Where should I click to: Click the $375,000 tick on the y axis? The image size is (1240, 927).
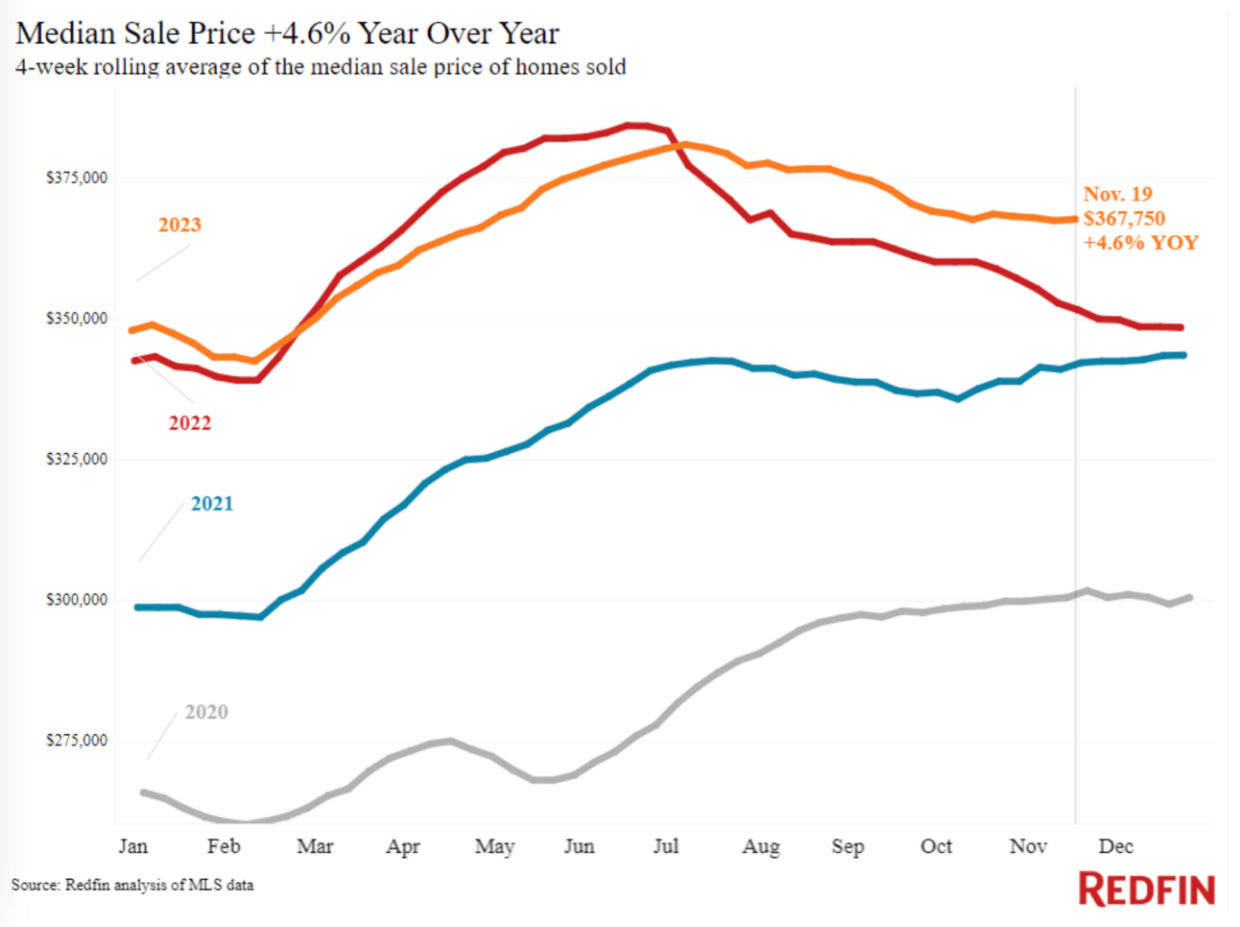pos(77,178)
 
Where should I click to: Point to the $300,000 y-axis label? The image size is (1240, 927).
pos(77,600)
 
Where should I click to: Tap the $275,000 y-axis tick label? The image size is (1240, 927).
pos(77,741)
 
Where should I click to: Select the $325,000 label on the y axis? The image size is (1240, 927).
pos(77,459)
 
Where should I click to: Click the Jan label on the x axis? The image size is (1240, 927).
pos(133,846)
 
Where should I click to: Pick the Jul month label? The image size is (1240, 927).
pos(666,846)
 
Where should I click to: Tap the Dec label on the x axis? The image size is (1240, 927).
pos(1116,846)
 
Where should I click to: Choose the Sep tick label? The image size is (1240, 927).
pos(847,846)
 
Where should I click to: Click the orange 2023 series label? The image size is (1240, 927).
pos(179,225)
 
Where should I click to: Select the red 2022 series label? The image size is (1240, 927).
pos(190,423)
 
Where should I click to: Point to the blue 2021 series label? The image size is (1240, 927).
pos(212,504)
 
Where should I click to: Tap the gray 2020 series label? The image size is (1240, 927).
pos(206,712)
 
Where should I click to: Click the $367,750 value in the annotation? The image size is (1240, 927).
pos(1125,219)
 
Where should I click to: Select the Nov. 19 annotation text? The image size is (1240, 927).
pos(1118,194)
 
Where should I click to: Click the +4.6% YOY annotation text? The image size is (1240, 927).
pos(1141,243)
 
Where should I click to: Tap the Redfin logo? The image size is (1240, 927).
pos(1147,890)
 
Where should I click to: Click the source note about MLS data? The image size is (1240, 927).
pos(132,885)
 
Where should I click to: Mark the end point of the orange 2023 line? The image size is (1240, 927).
pos(1074,219)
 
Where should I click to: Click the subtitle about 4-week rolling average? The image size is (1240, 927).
pos(322,67)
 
